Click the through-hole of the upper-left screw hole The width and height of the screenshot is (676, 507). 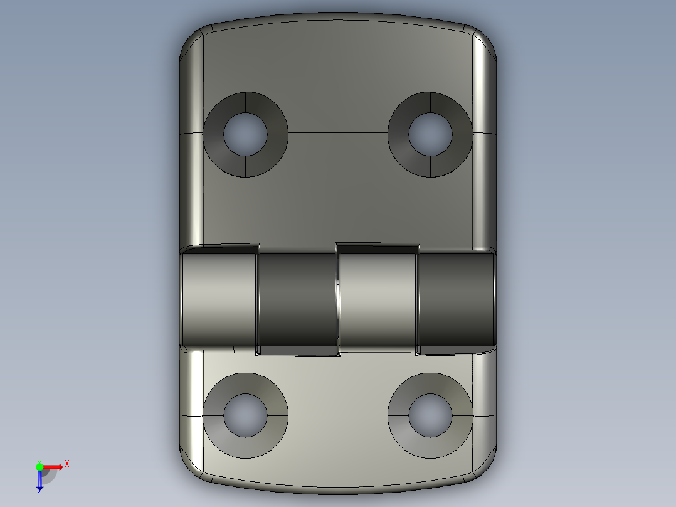[245, 134]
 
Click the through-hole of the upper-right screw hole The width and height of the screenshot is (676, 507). [430, 134]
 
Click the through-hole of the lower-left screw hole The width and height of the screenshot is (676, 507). [245, 415]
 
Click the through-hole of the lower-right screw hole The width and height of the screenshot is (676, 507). [430, 415]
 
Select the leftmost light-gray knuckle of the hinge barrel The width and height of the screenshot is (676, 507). [219, 298]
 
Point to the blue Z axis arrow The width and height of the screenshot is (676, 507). [40, 482]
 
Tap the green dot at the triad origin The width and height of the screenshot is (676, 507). [40, 466]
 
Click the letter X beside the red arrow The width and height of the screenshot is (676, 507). [67, 464]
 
